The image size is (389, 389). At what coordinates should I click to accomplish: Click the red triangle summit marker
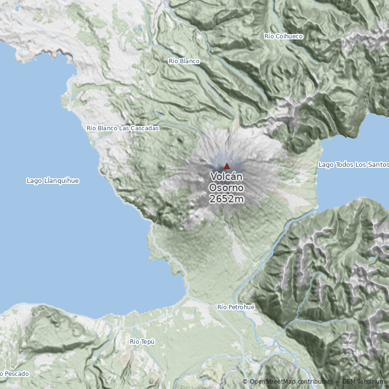pos(227,166)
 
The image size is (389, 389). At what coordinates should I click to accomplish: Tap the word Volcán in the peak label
pos(227,177)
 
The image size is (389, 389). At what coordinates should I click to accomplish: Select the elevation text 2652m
pos(227,199)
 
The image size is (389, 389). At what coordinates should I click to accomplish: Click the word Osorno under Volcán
pos(227,188)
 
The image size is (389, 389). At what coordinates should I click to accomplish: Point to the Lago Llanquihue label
pos(53,181)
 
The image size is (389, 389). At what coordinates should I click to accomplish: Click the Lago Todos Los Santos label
pos(354,165)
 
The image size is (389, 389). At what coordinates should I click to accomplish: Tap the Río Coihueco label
pos(283,36)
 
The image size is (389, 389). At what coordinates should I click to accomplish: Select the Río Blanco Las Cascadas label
pos(123,128)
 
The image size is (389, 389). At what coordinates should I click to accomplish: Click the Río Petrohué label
pos(236,307)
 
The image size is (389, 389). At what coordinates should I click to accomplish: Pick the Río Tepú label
pos(142,342)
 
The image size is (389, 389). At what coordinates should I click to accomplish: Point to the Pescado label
pos(16,374)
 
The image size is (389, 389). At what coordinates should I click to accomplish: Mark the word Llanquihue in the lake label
pos(61,181)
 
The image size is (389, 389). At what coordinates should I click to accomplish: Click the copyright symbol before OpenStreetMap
pos(246,382)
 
